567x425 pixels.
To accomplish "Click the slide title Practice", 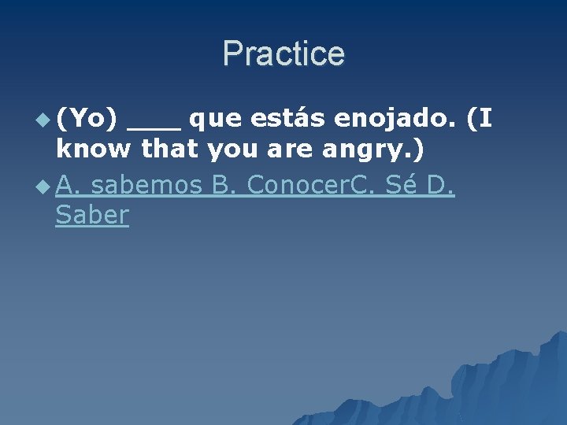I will click(283, 54).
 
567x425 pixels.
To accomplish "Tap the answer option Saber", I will click(91, 216).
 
